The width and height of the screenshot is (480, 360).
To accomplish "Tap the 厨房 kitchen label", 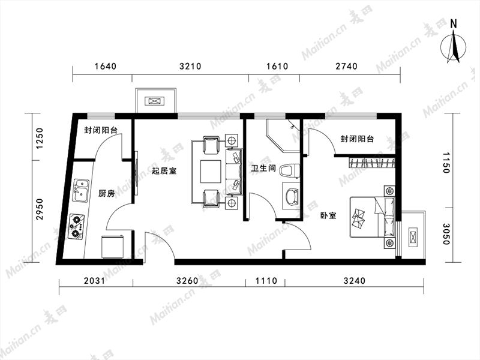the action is [107, 193].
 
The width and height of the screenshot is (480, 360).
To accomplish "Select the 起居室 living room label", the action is [164, 171].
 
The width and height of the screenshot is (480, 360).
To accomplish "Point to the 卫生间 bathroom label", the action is [263, 168].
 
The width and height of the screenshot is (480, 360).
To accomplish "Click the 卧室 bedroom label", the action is [328, 215].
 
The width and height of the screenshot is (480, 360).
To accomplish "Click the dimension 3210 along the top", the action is [190, 66].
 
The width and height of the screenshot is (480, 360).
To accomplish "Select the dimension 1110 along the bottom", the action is [266, 280].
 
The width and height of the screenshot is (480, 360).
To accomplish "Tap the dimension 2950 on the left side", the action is [40, 209].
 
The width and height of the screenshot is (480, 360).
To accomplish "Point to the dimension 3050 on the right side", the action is [445, 234].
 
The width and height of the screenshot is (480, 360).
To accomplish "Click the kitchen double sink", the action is [81, 191].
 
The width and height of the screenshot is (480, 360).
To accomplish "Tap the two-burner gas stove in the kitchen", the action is [77, 227].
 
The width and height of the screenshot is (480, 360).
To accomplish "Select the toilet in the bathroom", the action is [289, 171].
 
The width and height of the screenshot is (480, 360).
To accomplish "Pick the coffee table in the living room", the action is [211, 172].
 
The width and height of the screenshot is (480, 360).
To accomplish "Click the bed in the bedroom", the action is [372, 217].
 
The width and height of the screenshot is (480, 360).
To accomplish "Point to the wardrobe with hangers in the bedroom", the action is [371, 162].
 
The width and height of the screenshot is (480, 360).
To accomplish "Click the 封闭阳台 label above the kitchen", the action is [101, 130].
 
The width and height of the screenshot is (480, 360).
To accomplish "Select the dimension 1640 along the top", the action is [106, 66].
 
